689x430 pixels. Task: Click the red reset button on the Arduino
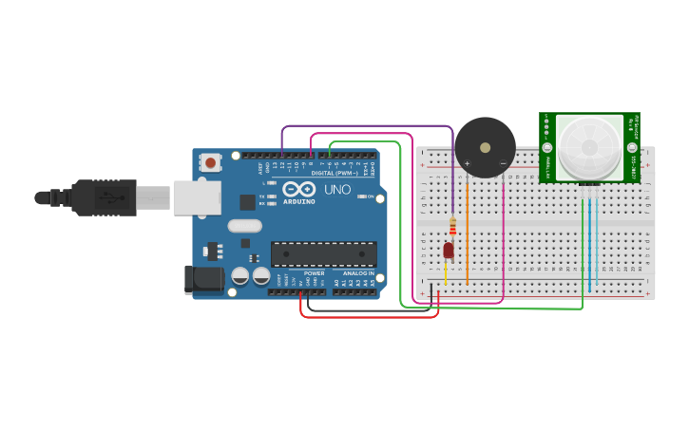(210, 163)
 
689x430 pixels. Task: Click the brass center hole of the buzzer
(485, 148)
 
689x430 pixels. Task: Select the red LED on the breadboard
(449, 250)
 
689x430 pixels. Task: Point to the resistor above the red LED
(452, 226)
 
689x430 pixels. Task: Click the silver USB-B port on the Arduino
(197, 197)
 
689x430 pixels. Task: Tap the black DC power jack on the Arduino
(203, 279)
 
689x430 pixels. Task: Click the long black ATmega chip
(323, 254)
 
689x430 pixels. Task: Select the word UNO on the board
(337, 190)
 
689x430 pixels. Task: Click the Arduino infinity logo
(298, 190)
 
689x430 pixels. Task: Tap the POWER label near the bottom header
(314, 272)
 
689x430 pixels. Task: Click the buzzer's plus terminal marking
(467, 163)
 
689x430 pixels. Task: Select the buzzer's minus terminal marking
(503, 163)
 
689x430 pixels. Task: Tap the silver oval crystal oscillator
(244, 226)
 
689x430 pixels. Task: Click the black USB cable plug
(105, 197)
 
